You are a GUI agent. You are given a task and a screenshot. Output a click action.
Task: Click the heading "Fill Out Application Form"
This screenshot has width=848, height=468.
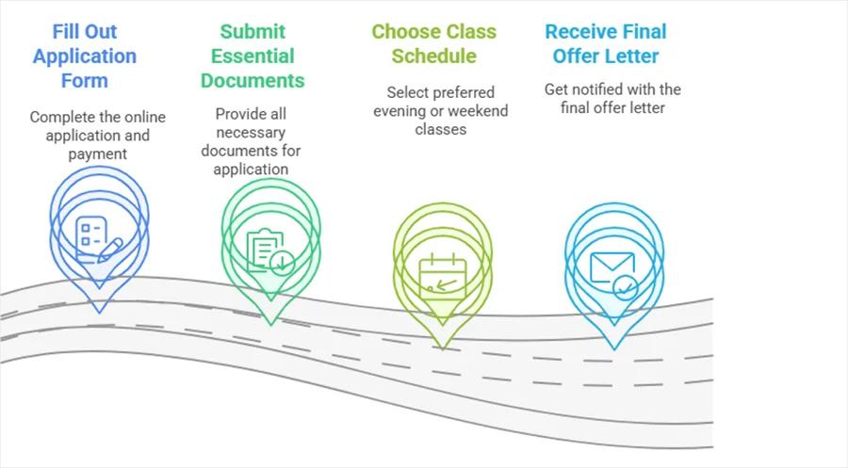[x=85, y=56]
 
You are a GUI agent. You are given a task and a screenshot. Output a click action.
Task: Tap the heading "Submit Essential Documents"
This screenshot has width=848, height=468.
[x=253, y=56]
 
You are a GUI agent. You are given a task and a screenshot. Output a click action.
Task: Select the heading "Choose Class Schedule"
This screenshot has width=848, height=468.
[x=433, y=43]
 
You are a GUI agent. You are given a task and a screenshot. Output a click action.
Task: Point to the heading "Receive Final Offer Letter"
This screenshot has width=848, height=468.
[x=606, y=43]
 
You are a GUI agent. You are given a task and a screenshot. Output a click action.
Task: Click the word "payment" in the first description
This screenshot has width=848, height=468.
[x=97, y=153]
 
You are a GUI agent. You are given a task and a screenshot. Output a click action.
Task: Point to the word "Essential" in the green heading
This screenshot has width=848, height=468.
[x=253, y=56]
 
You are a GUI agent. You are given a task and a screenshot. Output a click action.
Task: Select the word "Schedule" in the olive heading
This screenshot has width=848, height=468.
[x=433, y=55]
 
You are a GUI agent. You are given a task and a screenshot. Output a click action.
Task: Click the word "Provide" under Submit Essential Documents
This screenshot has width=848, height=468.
[x=241, y=114]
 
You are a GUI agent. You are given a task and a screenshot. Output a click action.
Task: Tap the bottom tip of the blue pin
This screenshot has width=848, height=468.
[x=99, y=313]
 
